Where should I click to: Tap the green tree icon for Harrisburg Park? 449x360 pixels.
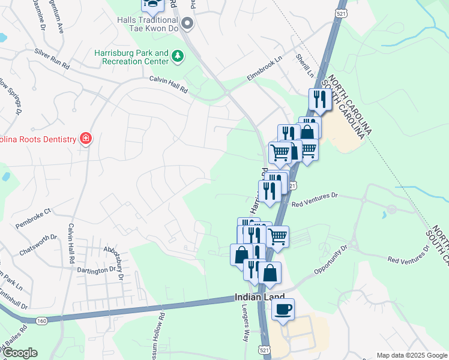click(177, 56)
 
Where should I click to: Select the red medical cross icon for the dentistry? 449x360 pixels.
click(85, 139)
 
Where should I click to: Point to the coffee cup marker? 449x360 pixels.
click(283, 310)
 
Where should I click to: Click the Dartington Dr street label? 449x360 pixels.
click(96, 270)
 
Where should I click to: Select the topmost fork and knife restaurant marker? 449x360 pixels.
click(320, 100)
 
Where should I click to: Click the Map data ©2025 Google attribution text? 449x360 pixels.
click(412, 355)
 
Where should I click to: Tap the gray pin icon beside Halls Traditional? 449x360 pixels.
click(187, 24)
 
